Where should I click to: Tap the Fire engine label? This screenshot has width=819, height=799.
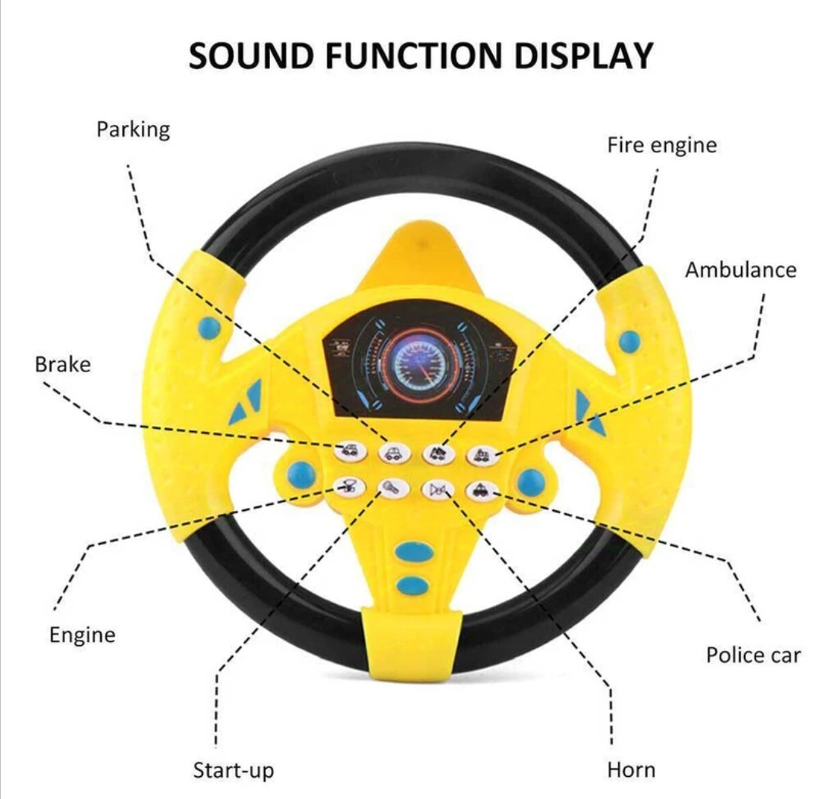(x=662, y=146)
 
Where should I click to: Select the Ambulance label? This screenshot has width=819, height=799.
(x=741, y=270)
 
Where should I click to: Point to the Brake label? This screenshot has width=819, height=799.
(x=63, y=365)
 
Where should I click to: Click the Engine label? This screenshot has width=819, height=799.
(x=83, y=635)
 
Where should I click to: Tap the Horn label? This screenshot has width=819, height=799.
(x=631, y=770)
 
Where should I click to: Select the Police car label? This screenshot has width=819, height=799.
(x=753, y=656)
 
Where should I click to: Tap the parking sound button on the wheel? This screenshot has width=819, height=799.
(x=394, y=453)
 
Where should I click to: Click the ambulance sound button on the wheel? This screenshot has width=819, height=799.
(x=482, y=455)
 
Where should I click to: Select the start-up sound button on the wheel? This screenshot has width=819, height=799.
(x=394, y=489)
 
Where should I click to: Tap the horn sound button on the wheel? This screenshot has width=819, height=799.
(x=438, y=490)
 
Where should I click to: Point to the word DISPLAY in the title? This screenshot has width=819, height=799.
(x=584, y=55)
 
